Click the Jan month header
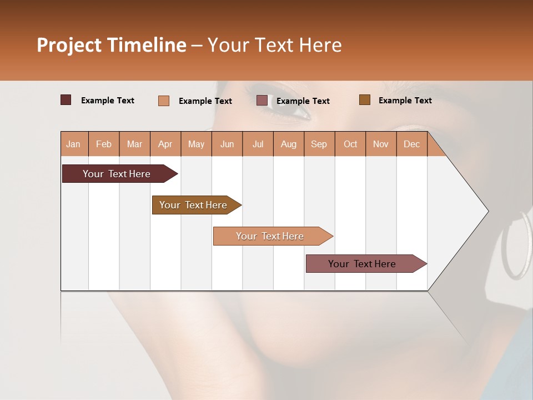pyautogui.click(x=74, y=144)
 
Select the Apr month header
pyautogui.click(x=165, y=144)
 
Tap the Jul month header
pyautogui.click(x=258, y=144)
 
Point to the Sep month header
pyautogui.click(x=319, y=144)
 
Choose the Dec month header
pyautogui.click(x=411, y=144)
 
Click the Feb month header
pyautogui.click(x=104, y=144)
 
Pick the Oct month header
pyautogui.click(x=350, y=144)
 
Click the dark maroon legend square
pyautogui.click(x=66, y=100)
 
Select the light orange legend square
pyautogui.click(x=164, y=101)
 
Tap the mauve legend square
pyautogui.click(x=262, y=101)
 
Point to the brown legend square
pyautogui.click(x=365, y=100)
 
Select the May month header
pyautogui.click(x=196, y=144)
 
